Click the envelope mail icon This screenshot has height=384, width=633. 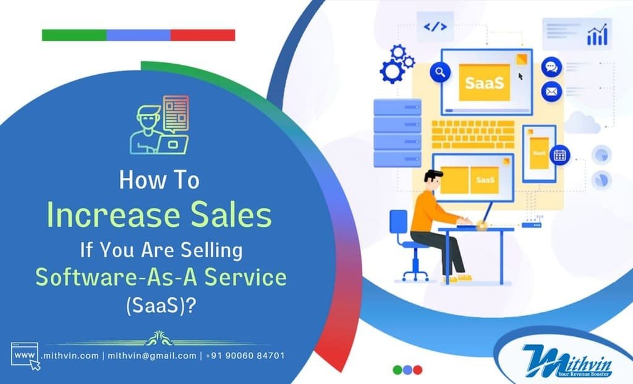click(x=551, y=92)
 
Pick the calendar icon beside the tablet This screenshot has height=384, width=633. click(x=560, y=155)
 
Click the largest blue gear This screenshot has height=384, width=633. click(x=391, y=72)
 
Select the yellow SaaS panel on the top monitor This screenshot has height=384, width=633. click(x=484, y=82)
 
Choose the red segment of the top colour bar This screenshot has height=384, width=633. click(x=203, y=35)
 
